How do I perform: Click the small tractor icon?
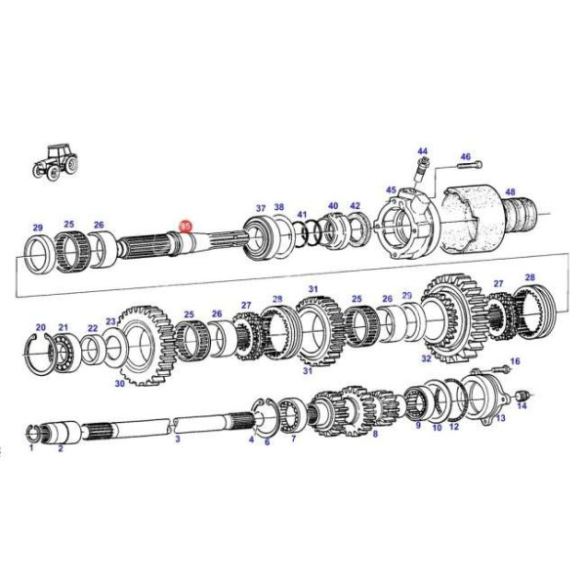point(55,161)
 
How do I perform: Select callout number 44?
point(422,151)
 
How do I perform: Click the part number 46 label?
point(465,157)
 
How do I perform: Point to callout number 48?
point(510,192)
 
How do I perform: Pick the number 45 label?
point(391,190)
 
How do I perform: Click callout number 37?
point(261,208)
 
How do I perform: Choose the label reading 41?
point(302,214)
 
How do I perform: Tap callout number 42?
point(355,206)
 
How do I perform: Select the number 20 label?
point(41,327)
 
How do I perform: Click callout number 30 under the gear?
point(119,384)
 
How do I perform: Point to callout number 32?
point(426,358)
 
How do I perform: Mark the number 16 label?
point(515,361)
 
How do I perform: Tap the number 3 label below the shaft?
point(178,439)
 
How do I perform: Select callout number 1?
point(30,448)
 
